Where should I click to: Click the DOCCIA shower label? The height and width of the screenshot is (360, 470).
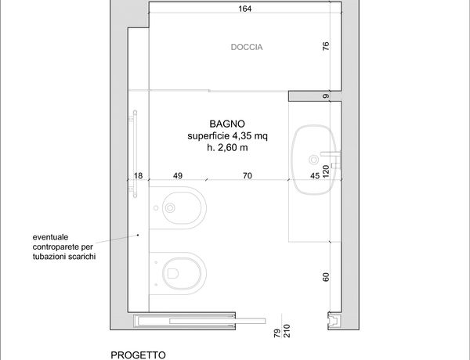coord(247,47)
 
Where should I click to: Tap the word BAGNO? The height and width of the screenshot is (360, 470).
coord(227,124)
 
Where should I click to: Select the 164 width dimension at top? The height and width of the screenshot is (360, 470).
coord(245,9)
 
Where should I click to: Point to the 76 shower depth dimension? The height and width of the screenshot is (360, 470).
coord(326,46)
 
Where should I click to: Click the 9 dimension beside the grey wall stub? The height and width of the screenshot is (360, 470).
coord(326,96)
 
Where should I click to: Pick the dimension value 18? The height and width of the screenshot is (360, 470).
coord(138,175)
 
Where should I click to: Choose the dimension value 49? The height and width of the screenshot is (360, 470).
coord(178,175)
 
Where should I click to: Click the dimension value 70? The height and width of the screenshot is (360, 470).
coord(248,175)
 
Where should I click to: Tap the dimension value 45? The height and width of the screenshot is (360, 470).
coord(315,175)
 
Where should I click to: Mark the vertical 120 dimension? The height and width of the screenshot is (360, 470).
coord(326,171)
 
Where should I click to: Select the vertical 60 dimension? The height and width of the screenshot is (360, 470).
coord(326,277)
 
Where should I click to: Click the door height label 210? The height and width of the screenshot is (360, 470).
coord(287,331)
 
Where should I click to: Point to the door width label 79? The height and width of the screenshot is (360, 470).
coord(277,333)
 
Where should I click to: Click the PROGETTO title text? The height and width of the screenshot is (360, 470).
coord(138,355)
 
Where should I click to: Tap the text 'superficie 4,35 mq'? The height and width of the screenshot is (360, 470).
coord(227,136)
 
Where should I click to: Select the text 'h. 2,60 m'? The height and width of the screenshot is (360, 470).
coord(227,147)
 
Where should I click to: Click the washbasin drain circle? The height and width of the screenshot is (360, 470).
coord(314,160)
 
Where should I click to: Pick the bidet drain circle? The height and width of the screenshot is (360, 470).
coord(170,207)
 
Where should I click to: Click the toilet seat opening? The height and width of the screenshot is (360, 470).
coord(173,273)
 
